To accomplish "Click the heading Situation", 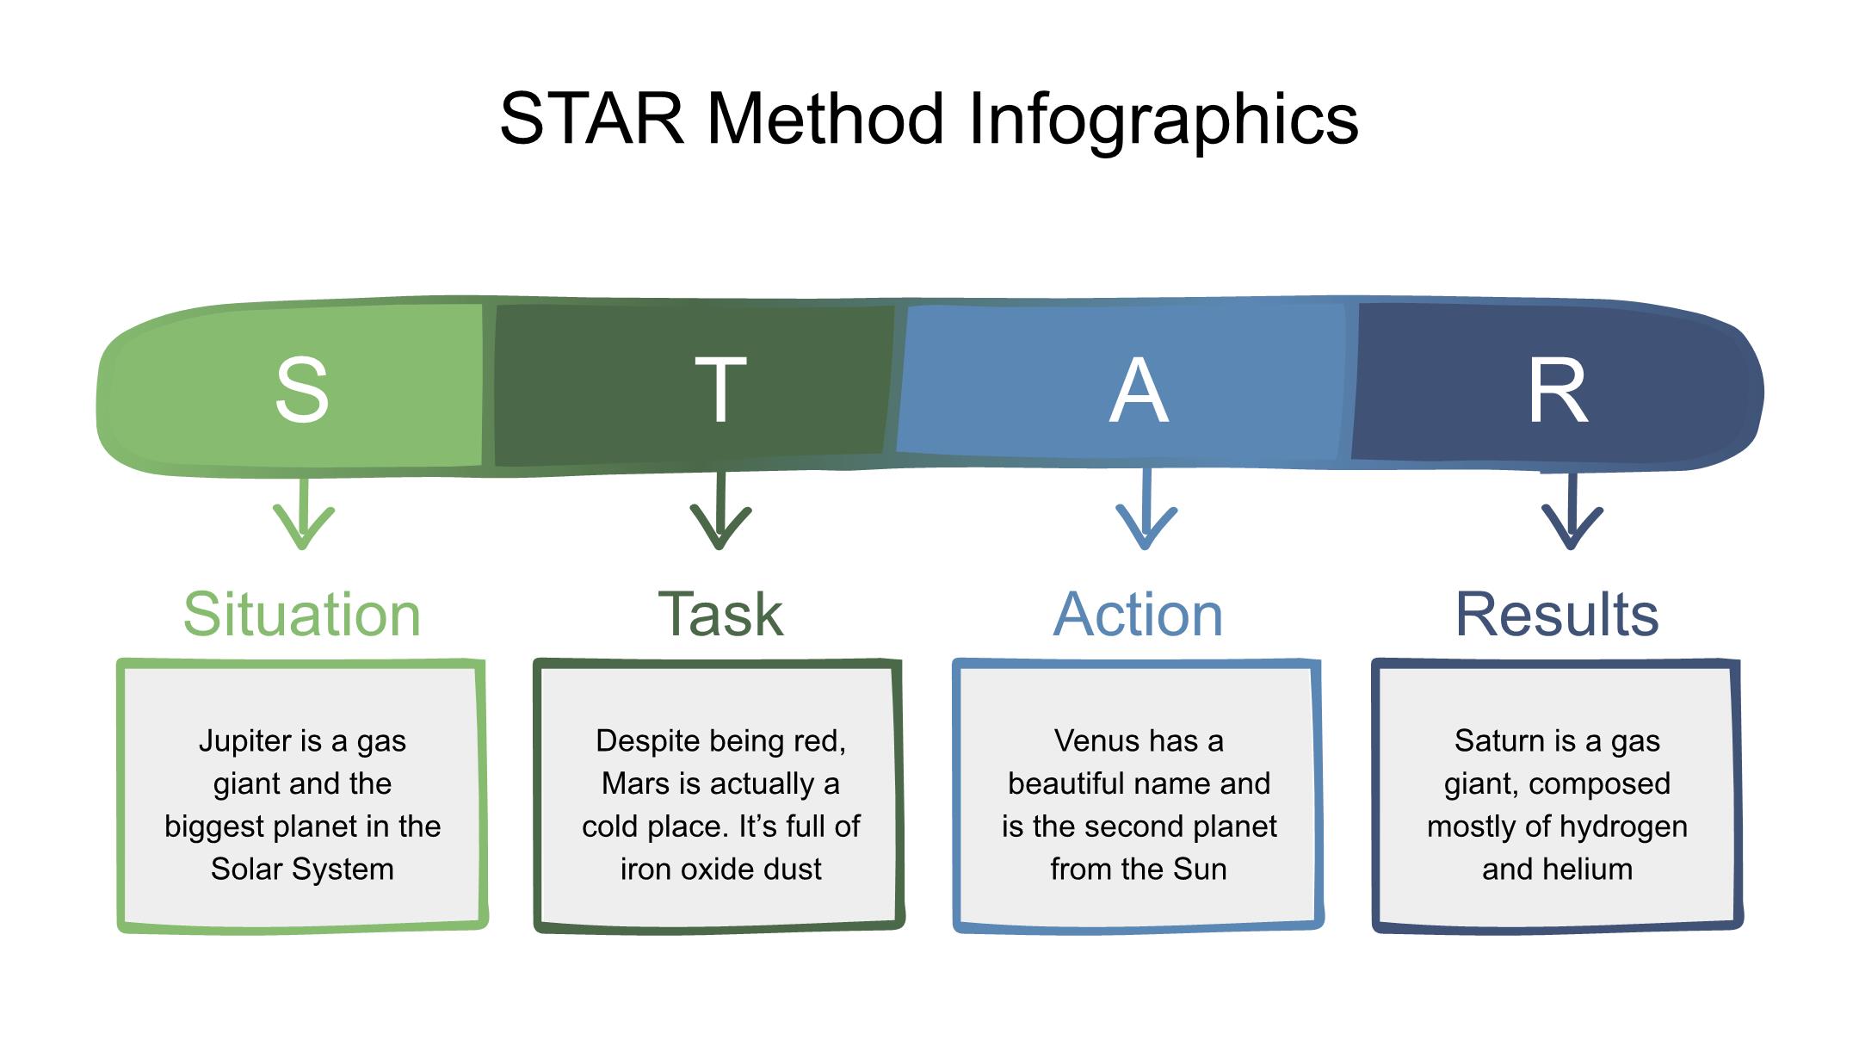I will [302, 615].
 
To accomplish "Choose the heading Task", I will [720, 615].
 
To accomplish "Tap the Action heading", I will [1139, 615].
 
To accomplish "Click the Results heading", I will [1557, 615].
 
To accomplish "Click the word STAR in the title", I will [592, 119].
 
